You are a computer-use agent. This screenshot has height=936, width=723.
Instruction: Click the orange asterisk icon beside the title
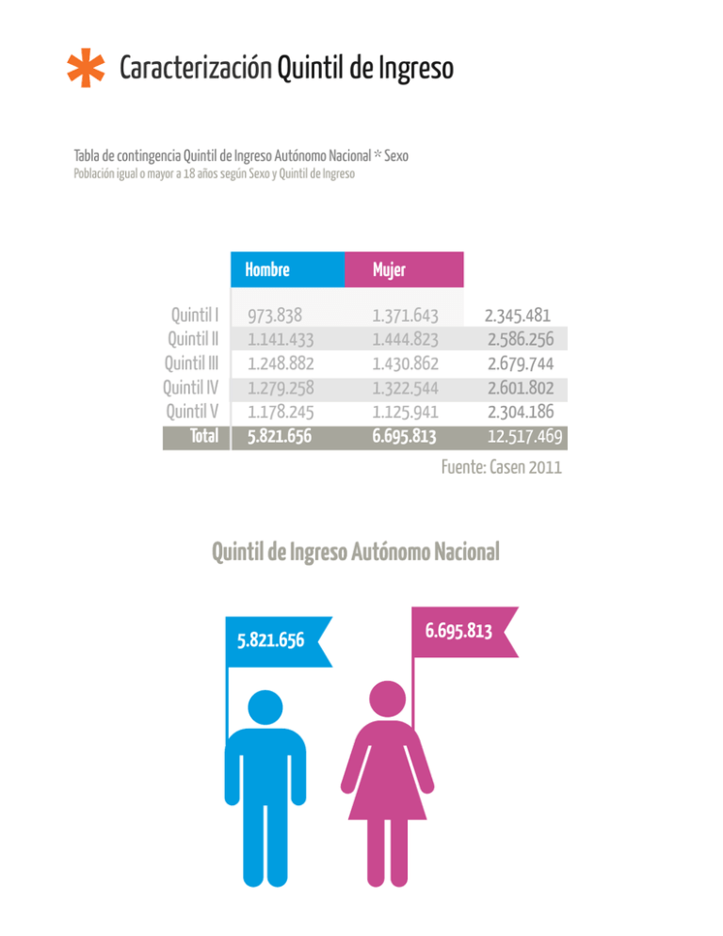point(86,68)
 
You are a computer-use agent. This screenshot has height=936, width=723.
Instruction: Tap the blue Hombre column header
point(287,270)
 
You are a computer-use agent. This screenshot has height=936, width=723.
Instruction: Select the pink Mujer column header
point(404,270)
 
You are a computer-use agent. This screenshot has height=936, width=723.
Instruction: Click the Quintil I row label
point(195,315)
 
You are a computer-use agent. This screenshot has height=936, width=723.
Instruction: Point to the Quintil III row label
point(192,363)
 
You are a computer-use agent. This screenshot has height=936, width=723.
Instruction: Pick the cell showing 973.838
point(275,315)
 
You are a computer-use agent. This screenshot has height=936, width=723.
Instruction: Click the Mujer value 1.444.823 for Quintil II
point(406,339)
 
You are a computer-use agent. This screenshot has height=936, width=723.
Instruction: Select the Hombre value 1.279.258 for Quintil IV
point(281,388)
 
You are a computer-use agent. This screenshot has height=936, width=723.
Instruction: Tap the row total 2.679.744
point(521,363)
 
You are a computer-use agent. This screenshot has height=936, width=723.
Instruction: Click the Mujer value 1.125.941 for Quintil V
point(406,412)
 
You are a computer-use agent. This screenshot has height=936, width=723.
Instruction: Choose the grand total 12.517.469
point(524,436)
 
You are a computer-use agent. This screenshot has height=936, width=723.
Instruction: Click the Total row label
point(204,436)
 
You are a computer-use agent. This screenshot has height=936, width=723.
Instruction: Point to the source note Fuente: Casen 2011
point(502,467)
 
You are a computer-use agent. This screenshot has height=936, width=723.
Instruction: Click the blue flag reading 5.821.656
point(279,641)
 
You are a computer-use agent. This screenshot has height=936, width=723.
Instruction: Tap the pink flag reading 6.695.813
point(465,632)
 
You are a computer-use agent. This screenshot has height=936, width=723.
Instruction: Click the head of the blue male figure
point(265,707)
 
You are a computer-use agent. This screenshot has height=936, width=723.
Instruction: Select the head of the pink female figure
point(388,699)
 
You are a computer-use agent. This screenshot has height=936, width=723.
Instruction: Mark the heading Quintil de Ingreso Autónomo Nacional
point(356,552)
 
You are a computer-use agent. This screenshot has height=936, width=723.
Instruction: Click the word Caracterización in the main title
point(196,68)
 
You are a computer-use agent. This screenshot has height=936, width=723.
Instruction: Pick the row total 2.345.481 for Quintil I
point(518,315)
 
